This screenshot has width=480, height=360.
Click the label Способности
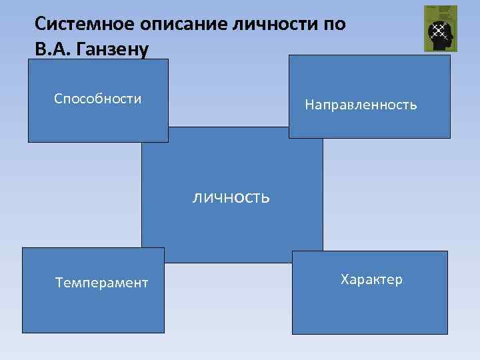97,99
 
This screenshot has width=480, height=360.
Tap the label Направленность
361,105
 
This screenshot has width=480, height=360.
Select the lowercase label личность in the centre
231,197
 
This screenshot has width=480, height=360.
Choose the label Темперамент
101,283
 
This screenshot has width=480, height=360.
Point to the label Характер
371,279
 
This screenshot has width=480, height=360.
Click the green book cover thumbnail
441,28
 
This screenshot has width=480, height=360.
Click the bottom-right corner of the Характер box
447,333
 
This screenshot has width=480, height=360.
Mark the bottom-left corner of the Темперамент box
23,332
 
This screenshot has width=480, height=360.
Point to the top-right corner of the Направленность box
450,55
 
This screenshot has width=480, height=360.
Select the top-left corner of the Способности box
28,59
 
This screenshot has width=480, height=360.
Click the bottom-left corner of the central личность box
142,262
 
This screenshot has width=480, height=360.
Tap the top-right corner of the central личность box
322,127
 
